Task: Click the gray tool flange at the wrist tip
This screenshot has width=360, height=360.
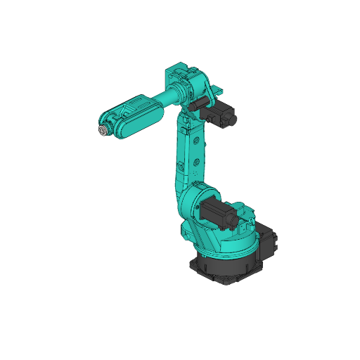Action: pos(103,131)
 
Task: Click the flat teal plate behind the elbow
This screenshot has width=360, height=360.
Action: pos(218,90)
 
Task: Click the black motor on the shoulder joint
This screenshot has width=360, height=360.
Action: pos(219,211)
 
